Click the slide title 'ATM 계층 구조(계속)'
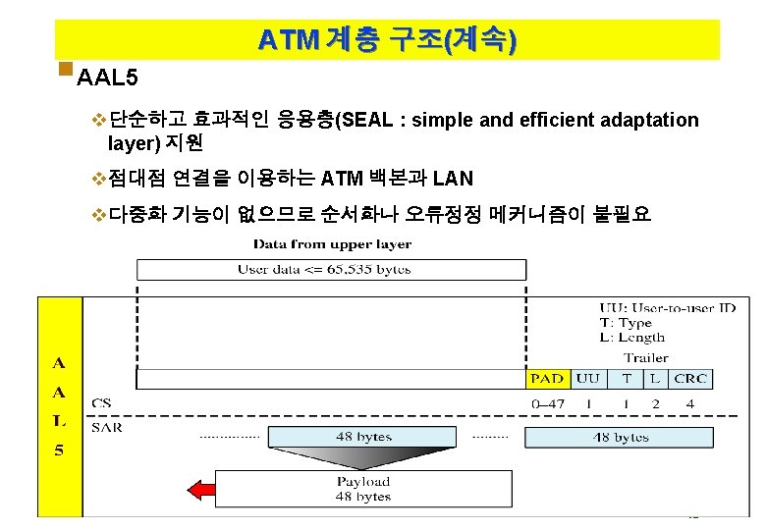[x=387, y=40]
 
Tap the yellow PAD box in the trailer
[x=547, y=379]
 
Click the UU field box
[x=588, y=379]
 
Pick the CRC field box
[x=690, y=379]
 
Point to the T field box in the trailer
[x=626, y=379]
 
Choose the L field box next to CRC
[x=655, y=379]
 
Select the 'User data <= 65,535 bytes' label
[x=324, y=269]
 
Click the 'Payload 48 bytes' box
[x=363, y=489]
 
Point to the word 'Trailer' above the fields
[x=645, y=357]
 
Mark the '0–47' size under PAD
[x=547, y=403]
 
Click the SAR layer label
[x=107, y=427]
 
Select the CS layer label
[x=101, y=402]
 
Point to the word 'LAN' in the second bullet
[x=453, y=179]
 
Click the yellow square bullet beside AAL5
[x=65, y=70]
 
